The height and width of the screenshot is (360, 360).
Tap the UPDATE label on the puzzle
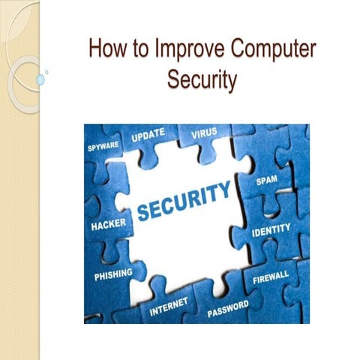click(148, 138)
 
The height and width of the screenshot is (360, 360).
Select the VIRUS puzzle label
click(203, 133)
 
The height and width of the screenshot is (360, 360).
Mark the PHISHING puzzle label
click(114, 274)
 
